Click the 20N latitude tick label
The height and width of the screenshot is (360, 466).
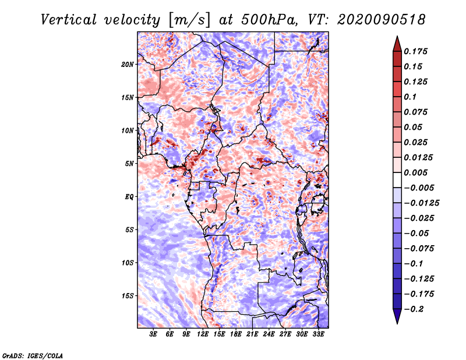(127, 65)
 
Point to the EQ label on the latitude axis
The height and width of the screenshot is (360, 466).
(129, 197)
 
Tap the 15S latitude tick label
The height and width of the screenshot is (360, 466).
(127, 296)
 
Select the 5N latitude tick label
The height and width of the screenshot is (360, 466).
(129, 164)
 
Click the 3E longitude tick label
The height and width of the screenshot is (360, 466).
(153, 334)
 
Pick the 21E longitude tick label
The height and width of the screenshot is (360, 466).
(252, 334)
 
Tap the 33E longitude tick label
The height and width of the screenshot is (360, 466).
(318, 334)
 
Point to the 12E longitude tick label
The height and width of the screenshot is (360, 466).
(203, 334)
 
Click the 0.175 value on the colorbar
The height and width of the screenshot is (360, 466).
(415, 51)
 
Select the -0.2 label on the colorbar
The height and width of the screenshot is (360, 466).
(414, 309)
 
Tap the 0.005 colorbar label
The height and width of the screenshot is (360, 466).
(415, 172)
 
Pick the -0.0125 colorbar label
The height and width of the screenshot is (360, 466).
(421, 203)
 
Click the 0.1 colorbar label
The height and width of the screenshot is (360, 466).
(410, 97)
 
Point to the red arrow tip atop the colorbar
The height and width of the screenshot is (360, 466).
(397, 37)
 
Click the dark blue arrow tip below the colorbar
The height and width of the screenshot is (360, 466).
(397, 323)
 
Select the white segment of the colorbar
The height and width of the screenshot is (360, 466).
(397, 180)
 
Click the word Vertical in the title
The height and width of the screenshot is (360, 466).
(69, 20)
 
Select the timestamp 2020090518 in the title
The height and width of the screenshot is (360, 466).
(382, 20)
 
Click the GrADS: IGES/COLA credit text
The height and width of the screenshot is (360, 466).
(33, 355)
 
